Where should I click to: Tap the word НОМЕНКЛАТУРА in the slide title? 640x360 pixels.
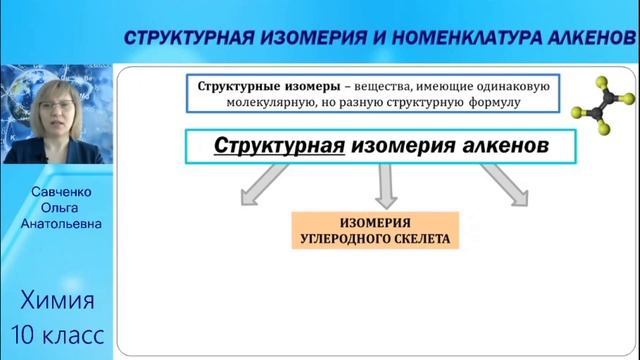tap(444, 38)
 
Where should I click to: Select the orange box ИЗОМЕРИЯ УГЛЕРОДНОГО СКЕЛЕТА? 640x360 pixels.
tap(374, 230)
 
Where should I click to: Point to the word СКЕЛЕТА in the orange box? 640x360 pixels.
tap(419, 239)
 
